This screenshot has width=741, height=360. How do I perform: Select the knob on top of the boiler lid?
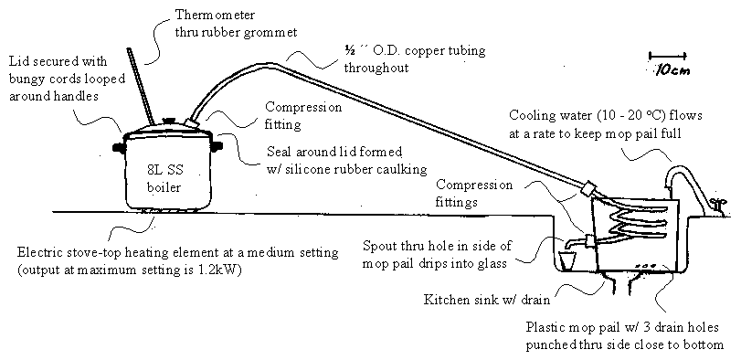(168, 122)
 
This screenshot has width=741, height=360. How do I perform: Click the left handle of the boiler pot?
(118, 147)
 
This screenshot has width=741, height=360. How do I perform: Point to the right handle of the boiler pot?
(217, 146)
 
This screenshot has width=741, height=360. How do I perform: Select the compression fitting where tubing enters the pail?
(588, 189)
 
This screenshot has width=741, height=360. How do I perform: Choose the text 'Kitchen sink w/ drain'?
(487, 300)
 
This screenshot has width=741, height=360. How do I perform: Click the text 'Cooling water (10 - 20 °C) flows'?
(606, 116)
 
